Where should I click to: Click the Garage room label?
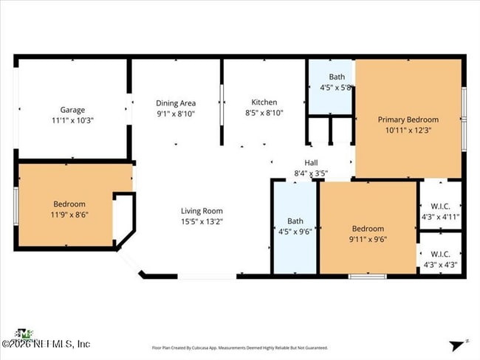click(x=72, y=109)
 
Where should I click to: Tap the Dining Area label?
click(x=176, y=103)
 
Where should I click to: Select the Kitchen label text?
click(x=264, y=103)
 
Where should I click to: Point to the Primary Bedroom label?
click(x=408, y=120)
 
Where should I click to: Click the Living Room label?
click(x=202, y=211)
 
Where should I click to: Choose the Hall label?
click(x=311, y=164)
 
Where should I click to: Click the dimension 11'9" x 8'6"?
click(x=69, y=215)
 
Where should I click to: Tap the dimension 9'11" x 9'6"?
click(x=367, y=239)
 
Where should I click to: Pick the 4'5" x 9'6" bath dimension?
click(x=295, y=230)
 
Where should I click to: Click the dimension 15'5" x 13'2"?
click(x=202, y=221)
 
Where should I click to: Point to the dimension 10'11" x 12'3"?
click(x=408, y=130)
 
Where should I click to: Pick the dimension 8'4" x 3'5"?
click(x=311, y=174)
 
